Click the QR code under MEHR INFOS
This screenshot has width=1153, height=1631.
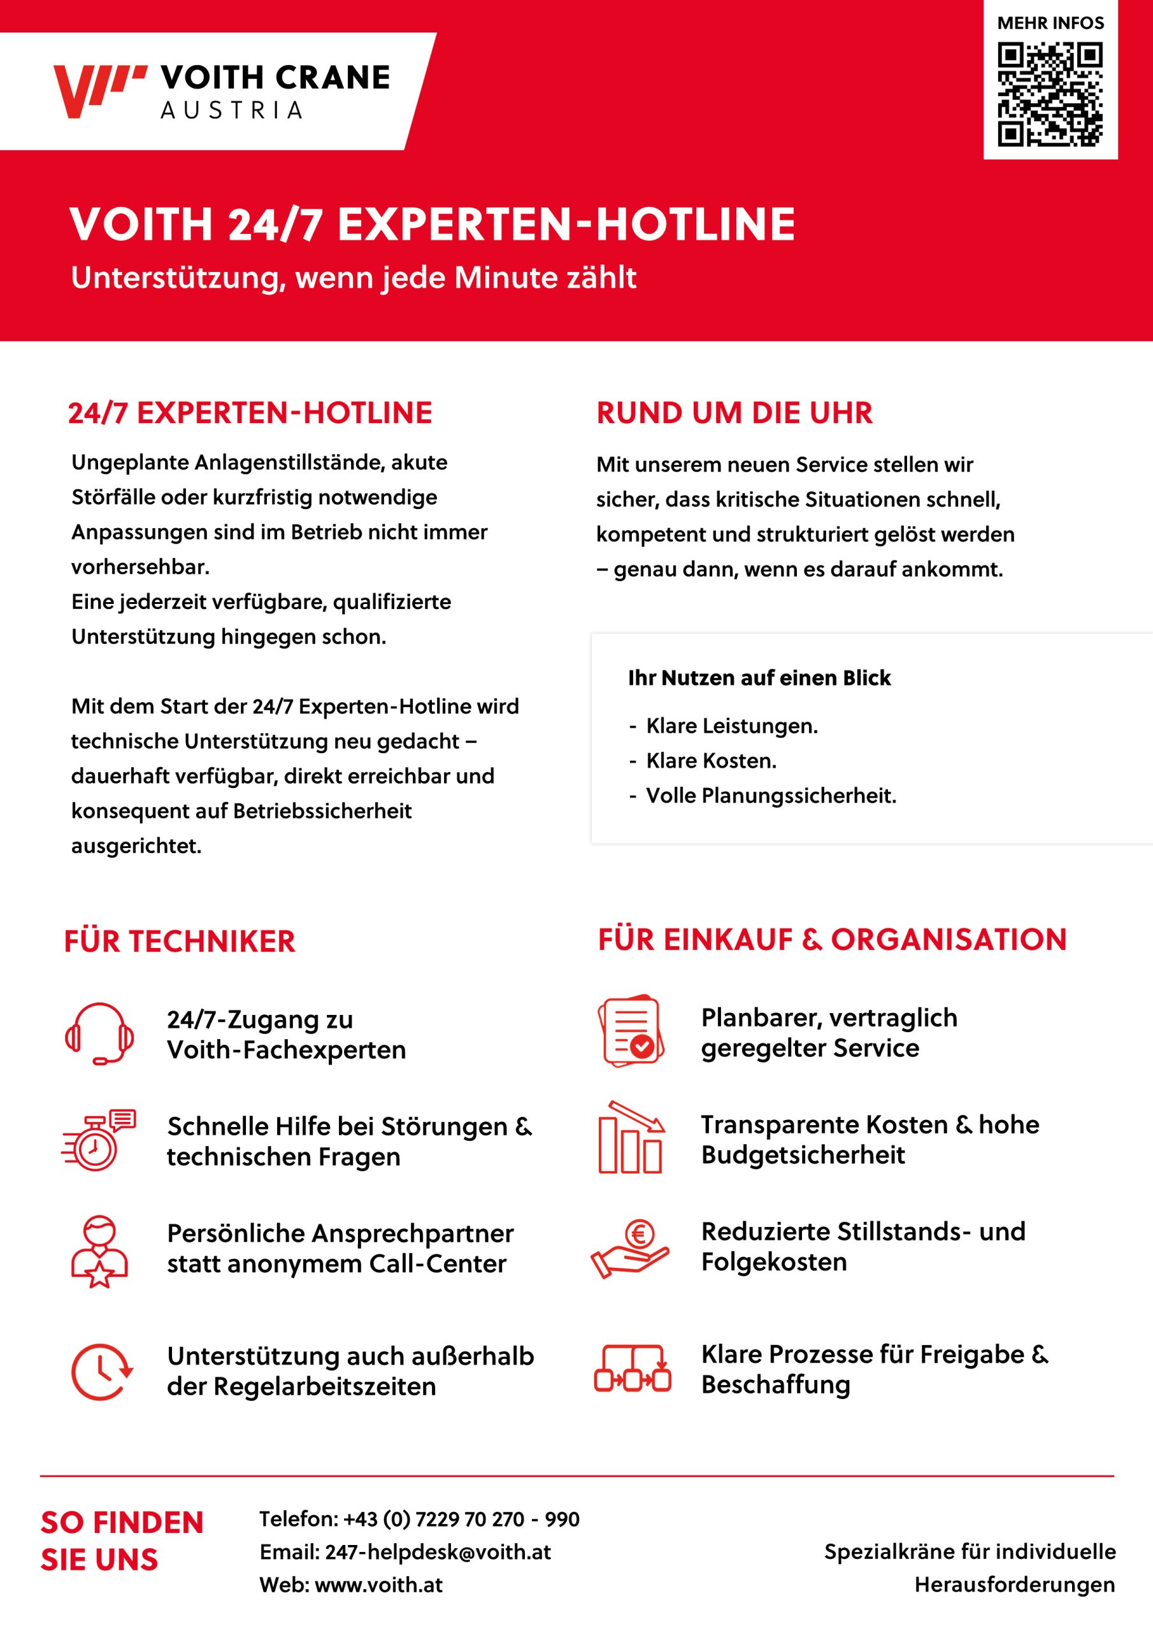(x=1050, y=94)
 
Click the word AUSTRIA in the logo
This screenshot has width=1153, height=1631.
(x=232, y=111)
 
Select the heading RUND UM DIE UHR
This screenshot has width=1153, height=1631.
(x=734, y=413)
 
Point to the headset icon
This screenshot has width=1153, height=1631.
(x=99, y=1033)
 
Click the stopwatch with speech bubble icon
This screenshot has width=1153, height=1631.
(x=99, y=1140)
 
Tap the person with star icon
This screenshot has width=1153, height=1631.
(x=99, y=1252)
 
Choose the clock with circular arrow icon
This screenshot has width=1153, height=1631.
(x=101, y=1371)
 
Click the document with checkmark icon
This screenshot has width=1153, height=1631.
(x=631, y=1031)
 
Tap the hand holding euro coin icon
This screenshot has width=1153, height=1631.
(x=630, y=1248)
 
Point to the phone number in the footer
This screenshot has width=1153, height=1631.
(x=461, y=1519)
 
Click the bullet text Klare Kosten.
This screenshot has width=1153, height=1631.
(x=710, y=761)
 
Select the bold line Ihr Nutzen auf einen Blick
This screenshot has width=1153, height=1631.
(x=759, y=678)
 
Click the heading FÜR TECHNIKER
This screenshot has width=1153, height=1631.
(x=180, y=941)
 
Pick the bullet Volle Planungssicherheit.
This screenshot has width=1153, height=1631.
(x=771, y=796)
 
